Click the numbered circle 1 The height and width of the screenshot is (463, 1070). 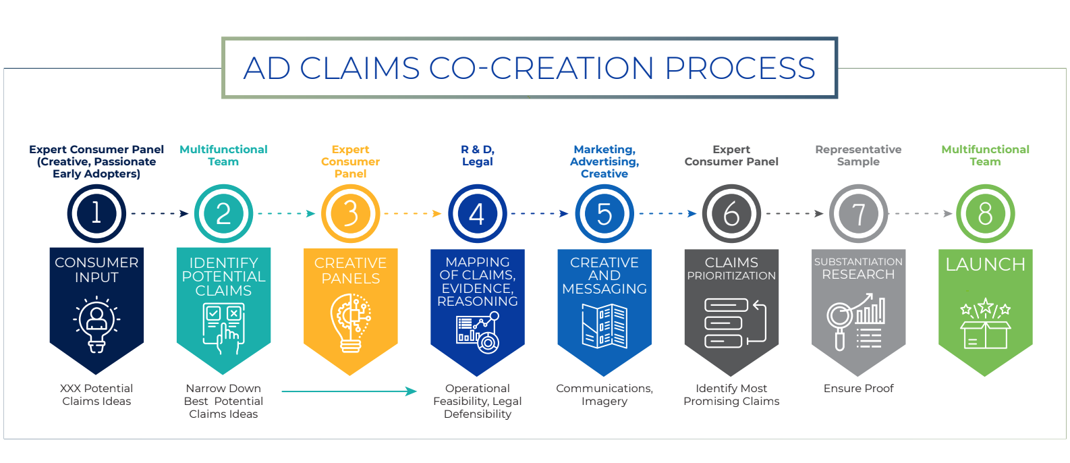pyautogui.click(x=96, y=213)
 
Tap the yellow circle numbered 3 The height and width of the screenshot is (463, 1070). pyautogui.click(x=350, y=213)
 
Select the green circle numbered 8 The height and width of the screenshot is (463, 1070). pyautogui.click(x=985, y=213)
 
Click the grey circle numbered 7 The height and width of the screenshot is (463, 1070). pyautogui.click(x=858, y=213)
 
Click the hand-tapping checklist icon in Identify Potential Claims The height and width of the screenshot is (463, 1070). pyautogui.click(x=223, y=328)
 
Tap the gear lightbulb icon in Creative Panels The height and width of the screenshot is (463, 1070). pyautogui.click(x=350, y=323)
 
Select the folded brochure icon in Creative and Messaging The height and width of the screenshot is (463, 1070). pyautogui.click(x=604, y=326)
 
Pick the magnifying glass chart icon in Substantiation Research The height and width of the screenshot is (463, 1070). pyautogui.click(x=857, y=322)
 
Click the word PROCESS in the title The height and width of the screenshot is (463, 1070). pyautogui.click(x=740, y=68)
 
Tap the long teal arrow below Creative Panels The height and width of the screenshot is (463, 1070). pyautogui.click(x=349, y=391)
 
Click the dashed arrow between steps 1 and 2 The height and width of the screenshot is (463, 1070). pyautogui.click(x=159, y=213)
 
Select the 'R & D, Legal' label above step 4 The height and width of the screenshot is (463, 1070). pyautogui.click(x=478, y=155)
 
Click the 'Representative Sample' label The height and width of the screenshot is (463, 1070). pyautogui.click(x=858, y=155)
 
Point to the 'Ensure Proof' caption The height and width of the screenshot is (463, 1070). pyautogui.click(x=858, y=388)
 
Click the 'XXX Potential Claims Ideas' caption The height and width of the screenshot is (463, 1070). pyautogui.click(x=96, y=394)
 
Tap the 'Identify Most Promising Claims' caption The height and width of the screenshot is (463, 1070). pyautogui.click(x=731, y=394)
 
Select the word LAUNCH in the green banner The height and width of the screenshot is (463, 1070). pyautogui.click(x=985, y=265)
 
